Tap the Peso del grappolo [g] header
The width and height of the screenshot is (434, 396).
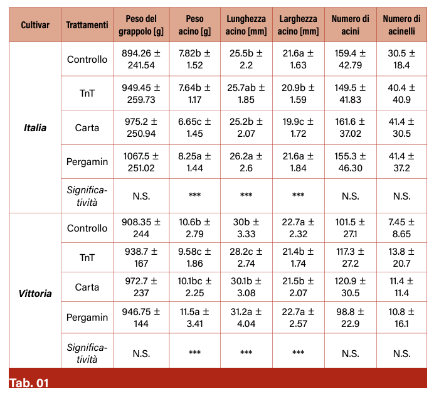pos(141,25)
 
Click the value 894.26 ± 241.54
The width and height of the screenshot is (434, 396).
pos(141,60)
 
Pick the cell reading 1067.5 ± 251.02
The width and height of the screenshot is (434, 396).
pos(141,161)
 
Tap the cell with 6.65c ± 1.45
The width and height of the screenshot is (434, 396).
pos(194,128)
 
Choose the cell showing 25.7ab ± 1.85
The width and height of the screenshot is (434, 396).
pos(246,94)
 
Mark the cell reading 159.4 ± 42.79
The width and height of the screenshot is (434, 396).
pos(350,60)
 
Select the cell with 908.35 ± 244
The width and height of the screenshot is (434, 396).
pos(141,228)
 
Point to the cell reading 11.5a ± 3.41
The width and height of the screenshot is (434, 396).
pos(194,318)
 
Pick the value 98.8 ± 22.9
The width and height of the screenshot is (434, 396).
pos(350,318)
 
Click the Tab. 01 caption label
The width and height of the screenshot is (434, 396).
pos(29,383)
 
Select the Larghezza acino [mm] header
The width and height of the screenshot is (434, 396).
pos(298,25)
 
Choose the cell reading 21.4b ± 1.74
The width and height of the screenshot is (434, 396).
pos(298,257)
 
